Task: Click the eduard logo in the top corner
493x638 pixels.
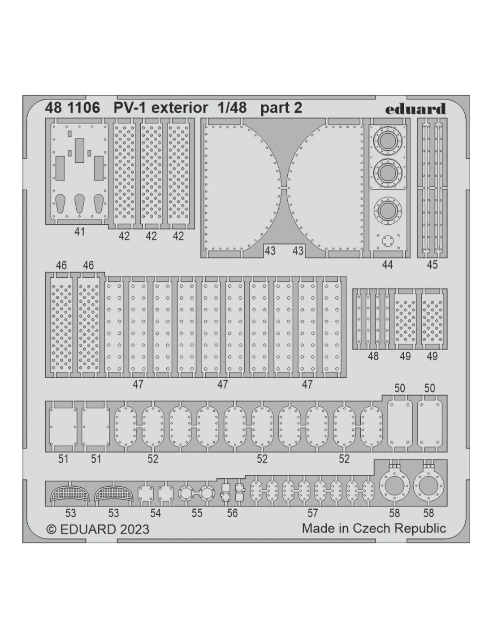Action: pos(415,109)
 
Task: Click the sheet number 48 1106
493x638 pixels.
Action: pos(73,108)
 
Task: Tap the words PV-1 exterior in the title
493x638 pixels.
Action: pos(161,108)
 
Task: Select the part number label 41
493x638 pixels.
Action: pos(79,232)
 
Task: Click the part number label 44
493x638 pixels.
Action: pos(387,265)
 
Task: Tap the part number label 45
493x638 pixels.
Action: pos(432,265)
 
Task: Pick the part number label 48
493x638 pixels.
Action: pos(373,356)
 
